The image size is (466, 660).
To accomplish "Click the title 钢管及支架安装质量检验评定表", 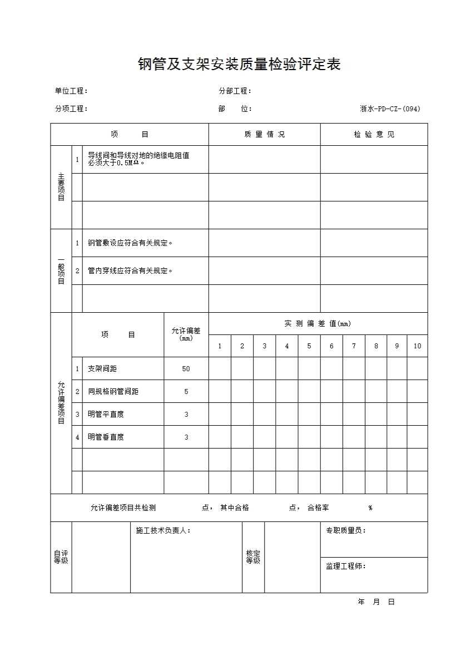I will [239, 65].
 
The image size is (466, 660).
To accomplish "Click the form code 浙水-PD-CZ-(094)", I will [390, 109].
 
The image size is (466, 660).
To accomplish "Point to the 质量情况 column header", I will [264, 135].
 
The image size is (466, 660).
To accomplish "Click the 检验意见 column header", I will [374, 135].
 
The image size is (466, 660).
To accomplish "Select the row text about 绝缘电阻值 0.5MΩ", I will [138, 159].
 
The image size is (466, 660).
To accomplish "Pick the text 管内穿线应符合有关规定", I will [130, 271].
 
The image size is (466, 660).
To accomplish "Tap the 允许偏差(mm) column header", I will [186, 334].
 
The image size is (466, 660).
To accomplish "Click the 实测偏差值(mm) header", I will [318, 324].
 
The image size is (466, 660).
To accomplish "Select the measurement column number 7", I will [354, 346].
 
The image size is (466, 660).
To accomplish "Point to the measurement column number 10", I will [417, 346].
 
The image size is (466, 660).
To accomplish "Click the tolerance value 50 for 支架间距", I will [186, 369].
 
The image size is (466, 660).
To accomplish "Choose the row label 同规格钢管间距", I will [113, 392].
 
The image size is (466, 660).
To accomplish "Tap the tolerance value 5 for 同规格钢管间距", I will [186, 392].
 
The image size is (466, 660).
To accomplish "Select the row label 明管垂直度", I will [106, 437].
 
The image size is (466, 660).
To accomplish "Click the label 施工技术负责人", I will [163, 531].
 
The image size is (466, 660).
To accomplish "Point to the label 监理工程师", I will [345, 567].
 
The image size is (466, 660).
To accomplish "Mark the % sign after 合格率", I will [370, 508].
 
